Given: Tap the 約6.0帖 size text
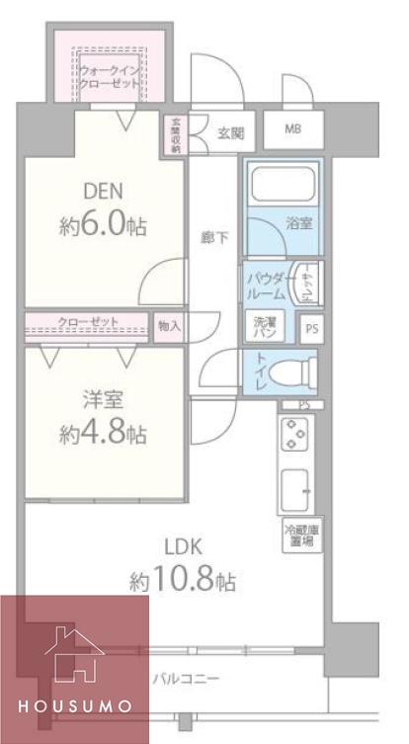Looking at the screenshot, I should click(103, 226).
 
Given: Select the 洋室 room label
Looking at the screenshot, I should click(103, 400).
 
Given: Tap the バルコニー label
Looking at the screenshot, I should click(186, 679).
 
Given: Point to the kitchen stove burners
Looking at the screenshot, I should click(296, 436).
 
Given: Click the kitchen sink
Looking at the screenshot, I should click(296, 489).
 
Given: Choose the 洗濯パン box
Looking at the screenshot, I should click(266, 327).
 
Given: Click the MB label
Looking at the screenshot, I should click(294, 129).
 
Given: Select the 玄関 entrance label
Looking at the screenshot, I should click(230, 130).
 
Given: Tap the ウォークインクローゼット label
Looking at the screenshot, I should click(110, 77).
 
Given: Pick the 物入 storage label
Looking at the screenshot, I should click(169, 324).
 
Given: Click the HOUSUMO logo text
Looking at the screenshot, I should click(74, 707).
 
